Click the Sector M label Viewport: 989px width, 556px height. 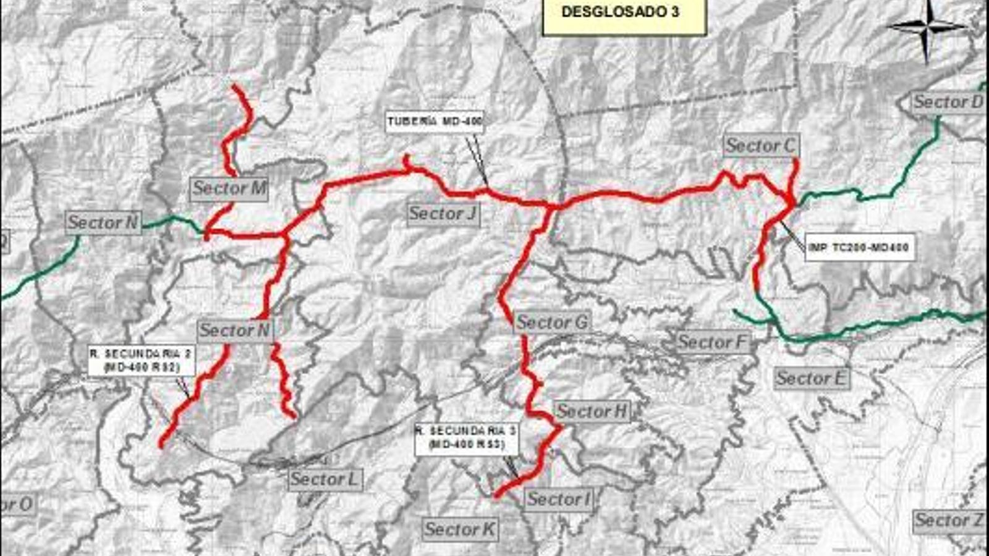click(229, 188)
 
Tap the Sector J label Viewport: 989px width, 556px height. click(443, 214)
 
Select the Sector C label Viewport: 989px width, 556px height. click(761, 146)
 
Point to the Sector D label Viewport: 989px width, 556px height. click(948, 102)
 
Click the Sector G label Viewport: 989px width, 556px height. click(552, 322)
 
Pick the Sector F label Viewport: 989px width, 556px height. click(713, 342)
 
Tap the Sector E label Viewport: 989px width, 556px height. click(811, 377)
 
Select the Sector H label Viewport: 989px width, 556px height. click(592, 411)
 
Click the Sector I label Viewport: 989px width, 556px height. click(559, 499)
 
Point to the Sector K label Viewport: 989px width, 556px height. click(460, 529)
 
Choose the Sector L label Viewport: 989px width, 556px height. click(325, 479)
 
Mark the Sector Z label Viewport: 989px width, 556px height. click(949, 521)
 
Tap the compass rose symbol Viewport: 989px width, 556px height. click(926, 27)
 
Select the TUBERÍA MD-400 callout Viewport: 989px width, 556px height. click(435, 122)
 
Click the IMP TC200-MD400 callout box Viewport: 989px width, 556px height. click(859, 248)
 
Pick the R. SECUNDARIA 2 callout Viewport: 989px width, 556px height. click(142, 361)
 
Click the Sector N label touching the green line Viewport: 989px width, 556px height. click(103, 222)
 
